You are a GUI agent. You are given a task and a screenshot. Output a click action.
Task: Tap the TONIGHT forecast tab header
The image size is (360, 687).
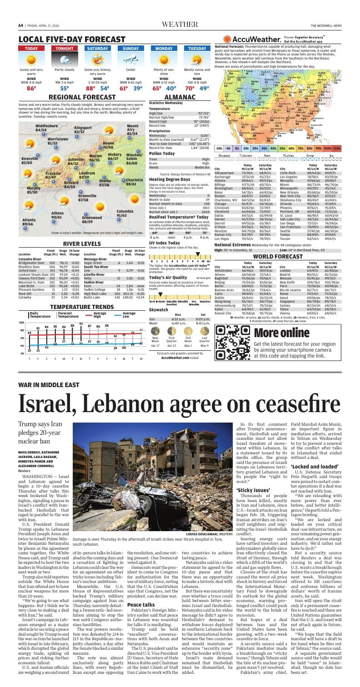click(x=64, y=48)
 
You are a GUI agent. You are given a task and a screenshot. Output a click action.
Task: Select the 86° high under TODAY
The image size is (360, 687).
click(x=31, y=89)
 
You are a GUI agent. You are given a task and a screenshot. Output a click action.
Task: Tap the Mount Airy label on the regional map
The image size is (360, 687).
click(x=132, y=129)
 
